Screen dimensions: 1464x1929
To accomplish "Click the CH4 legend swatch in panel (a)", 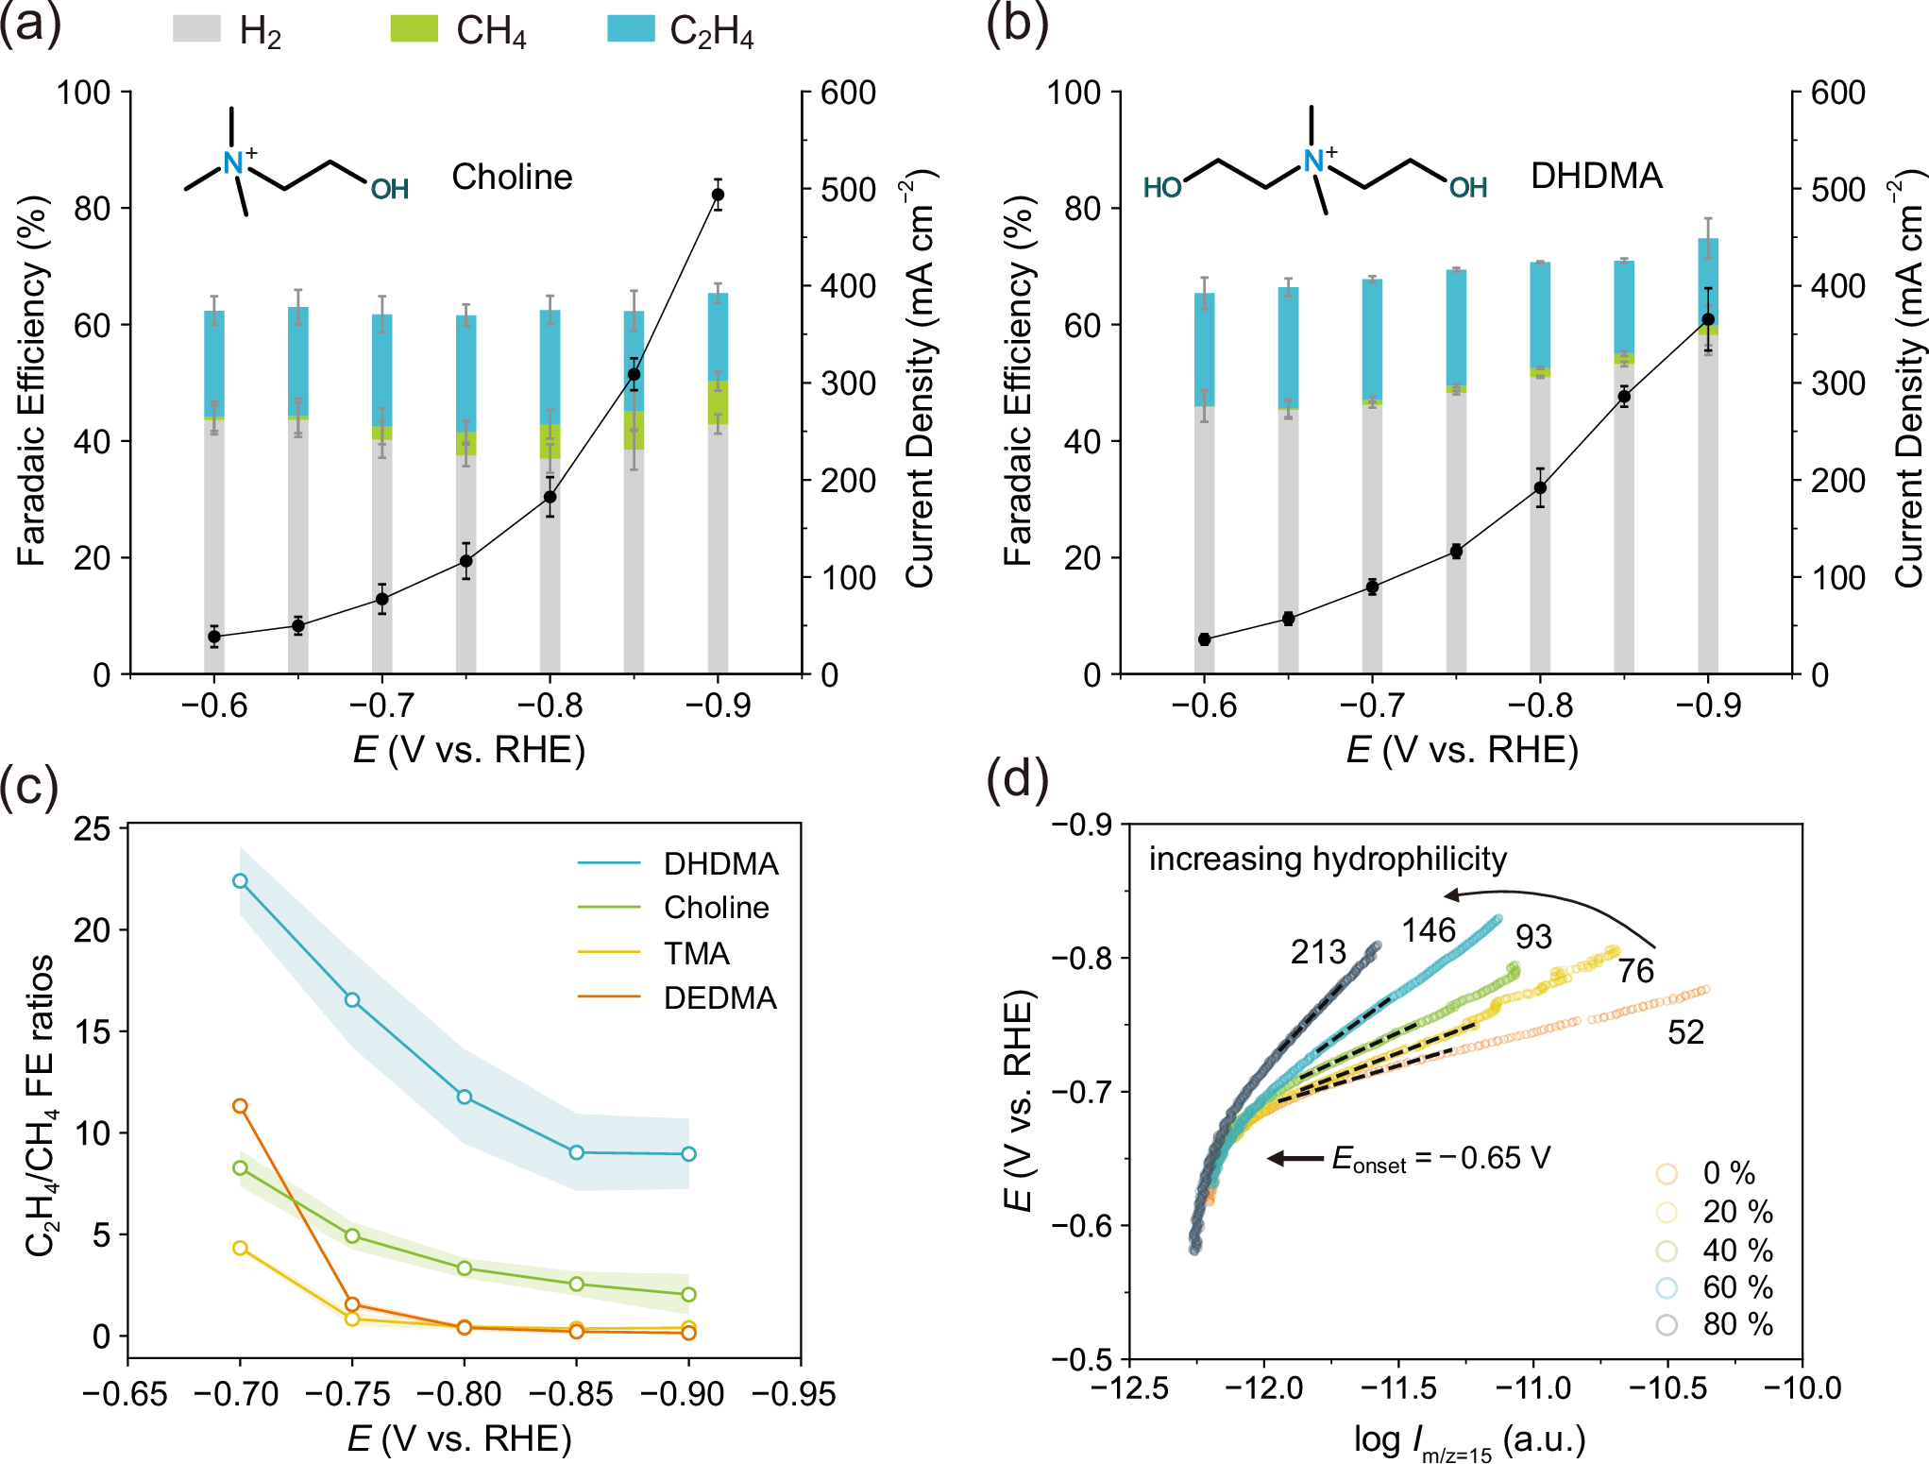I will pyautogui.click(x=415, y=28).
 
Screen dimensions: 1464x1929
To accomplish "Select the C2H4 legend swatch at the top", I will pyautogui.click(x=631, y=28).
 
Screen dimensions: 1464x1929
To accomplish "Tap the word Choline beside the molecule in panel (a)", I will pyautogui.click(x=512, y=177).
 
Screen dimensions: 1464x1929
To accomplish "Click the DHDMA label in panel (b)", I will pyautogui.click(x=1596, y=176).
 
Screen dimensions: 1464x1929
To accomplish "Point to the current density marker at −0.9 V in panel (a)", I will pyautogui.click(x=718, y=195).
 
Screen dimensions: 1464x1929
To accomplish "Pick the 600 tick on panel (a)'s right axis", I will pyautogui.click(x=848, y=93).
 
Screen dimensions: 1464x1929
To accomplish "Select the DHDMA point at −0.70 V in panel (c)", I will pyautogui.click(x=240, y=880).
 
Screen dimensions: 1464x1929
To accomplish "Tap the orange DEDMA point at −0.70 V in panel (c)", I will pyautogui.click(x=240, y=1106).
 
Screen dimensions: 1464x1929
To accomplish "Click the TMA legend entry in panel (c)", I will pyautogui.click(x=697, y=953).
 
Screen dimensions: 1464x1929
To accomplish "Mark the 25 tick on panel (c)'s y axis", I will pyautogui.click(x=92, y=828).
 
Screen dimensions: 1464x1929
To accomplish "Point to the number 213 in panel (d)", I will pyautogui.click(x=1318, y=952).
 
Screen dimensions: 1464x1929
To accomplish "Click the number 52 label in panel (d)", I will pyautogui.click(x=1685, y=1032).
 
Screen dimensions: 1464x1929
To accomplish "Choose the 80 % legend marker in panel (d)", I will pyautogui.click(x=1667, y=1324).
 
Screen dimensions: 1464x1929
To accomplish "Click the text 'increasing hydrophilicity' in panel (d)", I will pyautogui.click(x=1328, y=859).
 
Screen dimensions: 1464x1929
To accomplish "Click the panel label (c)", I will pyautogui.click(x=30, y=786).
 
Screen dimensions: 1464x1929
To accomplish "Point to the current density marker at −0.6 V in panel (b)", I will pyautogui.click(x=1204, y=639).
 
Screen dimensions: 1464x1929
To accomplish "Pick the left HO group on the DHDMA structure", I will pyautogui.click(x=1162, y=188).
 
